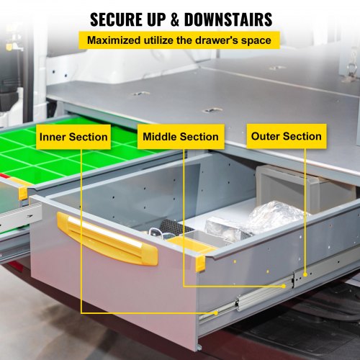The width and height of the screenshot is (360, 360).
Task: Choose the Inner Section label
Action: click(73, 137)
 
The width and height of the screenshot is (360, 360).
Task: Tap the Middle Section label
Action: click(180, 137)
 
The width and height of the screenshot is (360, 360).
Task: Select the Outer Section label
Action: click(286, 136)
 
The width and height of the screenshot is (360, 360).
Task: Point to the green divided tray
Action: click(65, 155)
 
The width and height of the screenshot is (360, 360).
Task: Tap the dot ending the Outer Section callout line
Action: click(305, 274)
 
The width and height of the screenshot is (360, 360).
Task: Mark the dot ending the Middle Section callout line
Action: click(284, 286)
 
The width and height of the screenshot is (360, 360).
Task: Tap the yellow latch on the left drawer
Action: click(23, 191)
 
